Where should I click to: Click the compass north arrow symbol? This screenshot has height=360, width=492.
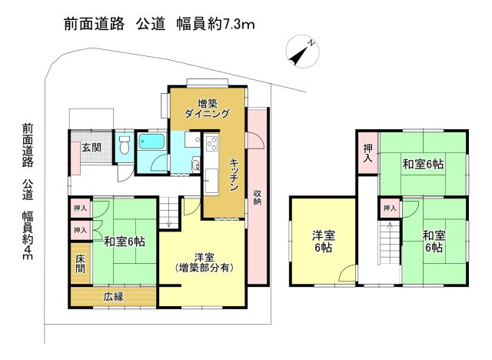coord(302,52)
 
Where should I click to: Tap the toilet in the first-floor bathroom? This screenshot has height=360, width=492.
coord(125,145)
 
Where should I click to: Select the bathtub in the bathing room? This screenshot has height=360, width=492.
coord(152,142)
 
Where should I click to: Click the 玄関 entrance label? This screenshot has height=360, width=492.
coord(91,147)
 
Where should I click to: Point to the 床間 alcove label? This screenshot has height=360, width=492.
coord(80,264)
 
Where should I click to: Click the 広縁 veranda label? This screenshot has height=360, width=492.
coord(113,297)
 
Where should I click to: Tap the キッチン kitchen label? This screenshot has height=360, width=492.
coord(234,175)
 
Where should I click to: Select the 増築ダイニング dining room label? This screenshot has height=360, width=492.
coord(207,108)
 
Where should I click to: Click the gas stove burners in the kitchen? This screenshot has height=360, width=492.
coord(212,143)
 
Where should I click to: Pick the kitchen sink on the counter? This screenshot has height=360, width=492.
coord(211,181)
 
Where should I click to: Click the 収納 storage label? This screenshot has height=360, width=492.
coord(258,198)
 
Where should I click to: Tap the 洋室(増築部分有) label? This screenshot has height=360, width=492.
coord(204,262)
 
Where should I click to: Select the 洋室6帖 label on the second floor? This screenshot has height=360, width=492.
coord(323,241)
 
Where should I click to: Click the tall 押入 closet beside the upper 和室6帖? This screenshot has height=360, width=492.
coord(367,152)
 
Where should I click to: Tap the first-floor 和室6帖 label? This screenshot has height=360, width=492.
coord(125,242)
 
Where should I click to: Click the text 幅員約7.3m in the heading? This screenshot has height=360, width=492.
coord(215,24)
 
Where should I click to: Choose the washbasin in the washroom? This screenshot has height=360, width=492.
coord(196,165)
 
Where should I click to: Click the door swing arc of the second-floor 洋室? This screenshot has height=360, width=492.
coord(347,272)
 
